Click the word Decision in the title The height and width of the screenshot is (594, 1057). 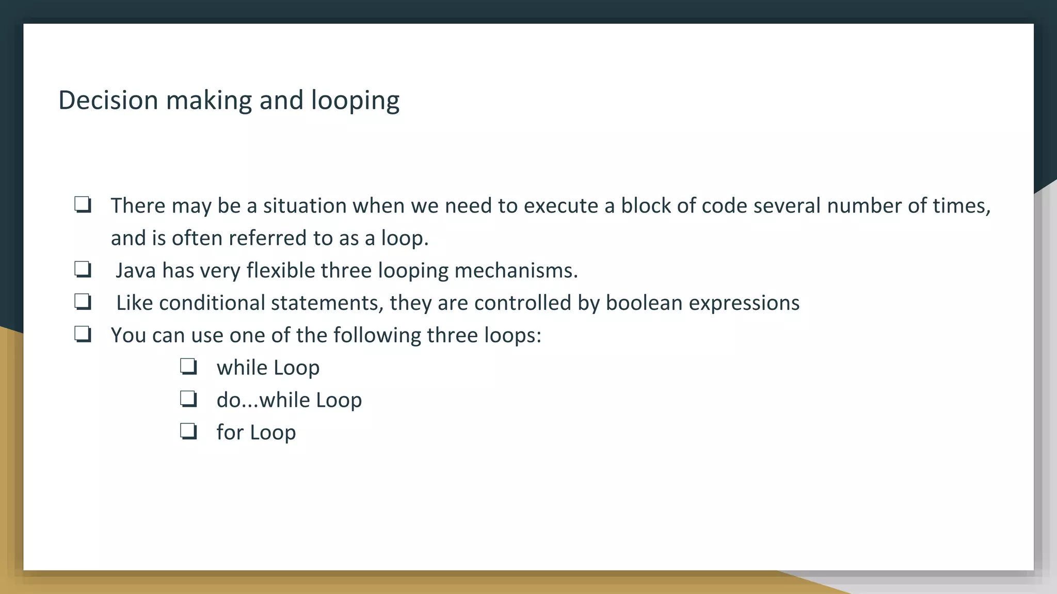108,100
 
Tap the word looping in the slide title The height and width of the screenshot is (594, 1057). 355,101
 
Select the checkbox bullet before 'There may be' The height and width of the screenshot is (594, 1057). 83,205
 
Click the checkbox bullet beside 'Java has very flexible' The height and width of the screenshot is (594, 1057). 83,269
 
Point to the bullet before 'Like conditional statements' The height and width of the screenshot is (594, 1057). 83,302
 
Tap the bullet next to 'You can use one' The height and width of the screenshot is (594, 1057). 83,334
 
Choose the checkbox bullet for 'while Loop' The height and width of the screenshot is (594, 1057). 188,367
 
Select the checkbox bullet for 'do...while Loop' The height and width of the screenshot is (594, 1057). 188,399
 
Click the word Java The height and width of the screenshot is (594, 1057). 135,271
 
